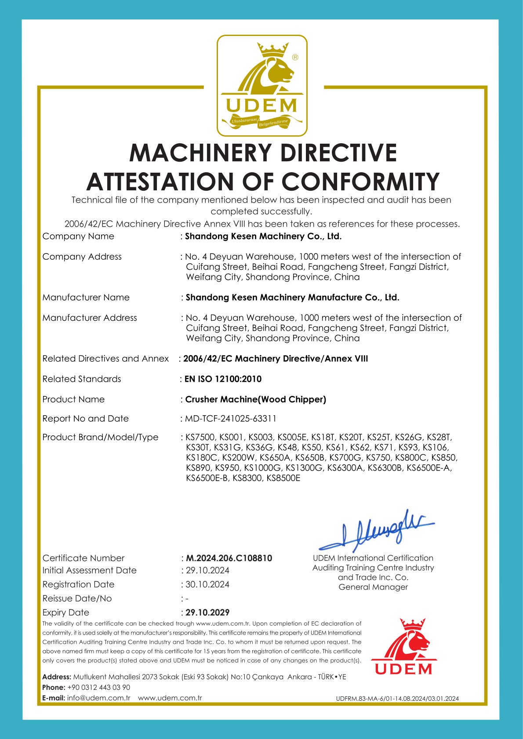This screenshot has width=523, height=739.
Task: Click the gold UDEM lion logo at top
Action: [262, 86]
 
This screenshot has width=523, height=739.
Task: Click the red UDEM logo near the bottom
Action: [404, 646]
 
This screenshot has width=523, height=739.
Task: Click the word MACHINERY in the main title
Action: [200, 153]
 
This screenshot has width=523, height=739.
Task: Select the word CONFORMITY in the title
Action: [360, 182]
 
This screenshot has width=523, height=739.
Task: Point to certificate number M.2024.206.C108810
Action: [229, 558]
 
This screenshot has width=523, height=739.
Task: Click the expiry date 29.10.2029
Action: [207, 612]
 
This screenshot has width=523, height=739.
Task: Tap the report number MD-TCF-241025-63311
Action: [231, 419]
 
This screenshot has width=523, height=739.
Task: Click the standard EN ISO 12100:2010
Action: [223, 379]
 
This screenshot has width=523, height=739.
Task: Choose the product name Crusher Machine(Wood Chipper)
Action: [256, 399]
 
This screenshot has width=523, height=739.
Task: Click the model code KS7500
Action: [200, 437]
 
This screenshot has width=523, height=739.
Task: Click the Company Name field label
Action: [78, 236]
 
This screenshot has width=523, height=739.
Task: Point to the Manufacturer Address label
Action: [90, 318]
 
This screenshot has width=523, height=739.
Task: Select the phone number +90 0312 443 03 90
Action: [98, 687]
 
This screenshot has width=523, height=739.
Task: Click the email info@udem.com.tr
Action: [99, 698]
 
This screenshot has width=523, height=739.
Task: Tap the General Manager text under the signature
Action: [373, 587]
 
